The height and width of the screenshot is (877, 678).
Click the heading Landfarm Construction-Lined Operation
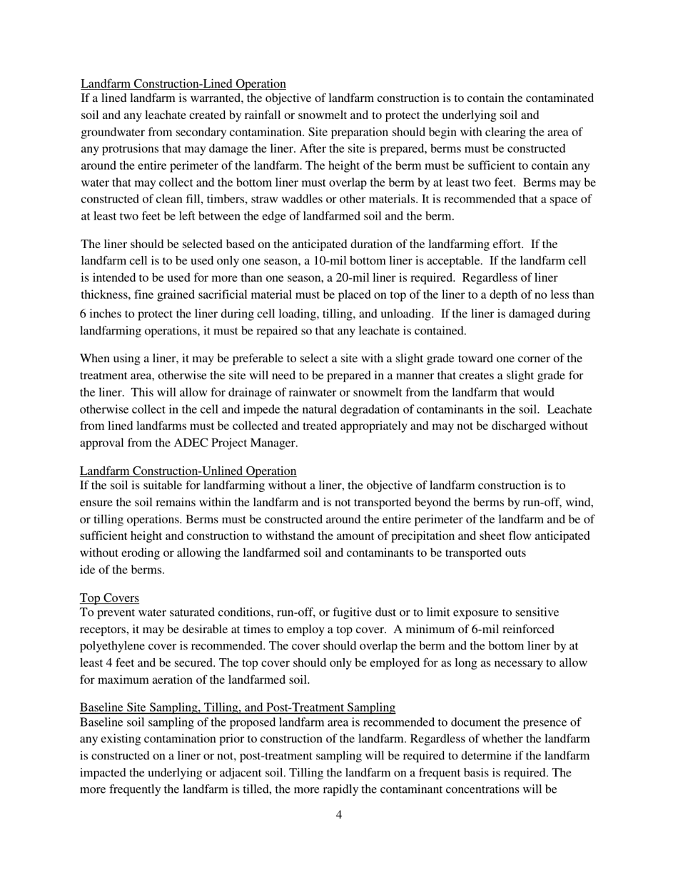[x=183, y=83]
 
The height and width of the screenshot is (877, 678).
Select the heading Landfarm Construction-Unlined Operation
[x=188, y=471]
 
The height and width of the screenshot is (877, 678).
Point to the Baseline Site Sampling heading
[x=237, y=707]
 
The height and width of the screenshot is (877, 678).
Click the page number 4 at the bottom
[x=338, y=815]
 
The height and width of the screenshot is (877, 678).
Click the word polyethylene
[x=113, y=646]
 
